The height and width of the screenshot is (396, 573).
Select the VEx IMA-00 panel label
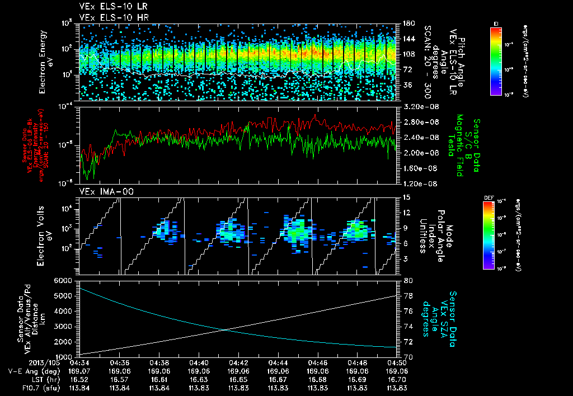coord(103,191)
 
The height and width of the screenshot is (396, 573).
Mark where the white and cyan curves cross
coord(225,329)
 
